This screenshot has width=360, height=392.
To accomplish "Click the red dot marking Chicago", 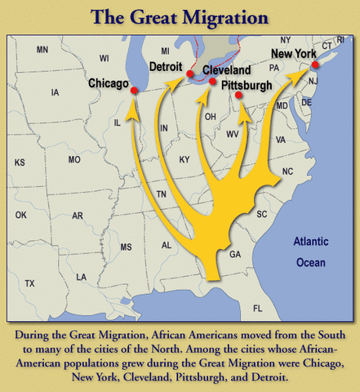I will click(x=134, y=91).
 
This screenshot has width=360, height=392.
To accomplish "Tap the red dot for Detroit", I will click(x=189, y=74).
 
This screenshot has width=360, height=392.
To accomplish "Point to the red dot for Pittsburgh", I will click(x=238, y=96).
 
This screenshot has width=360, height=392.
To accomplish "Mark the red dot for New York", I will click(x=315, y=65).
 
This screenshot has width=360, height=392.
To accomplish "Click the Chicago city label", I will click(x=109, y=83).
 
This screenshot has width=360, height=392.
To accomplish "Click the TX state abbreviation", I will click(x=30, y=283).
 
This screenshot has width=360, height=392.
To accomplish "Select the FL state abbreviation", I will click(x=258, y=308).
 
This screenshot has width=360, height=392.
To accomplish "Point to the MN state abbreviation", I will click(x=42, y=51).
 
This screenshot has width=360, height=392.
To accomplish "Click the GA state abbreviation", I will click(x=235, y=255).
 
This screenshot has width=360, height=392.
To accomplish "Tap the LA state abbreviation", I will click(x=82, y=277).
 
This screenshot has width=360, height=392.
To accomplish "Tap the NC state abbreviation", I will click(x=287, y=171).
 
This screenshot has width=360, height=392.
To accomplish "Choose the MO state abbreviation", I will click(x=74, y=159).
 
